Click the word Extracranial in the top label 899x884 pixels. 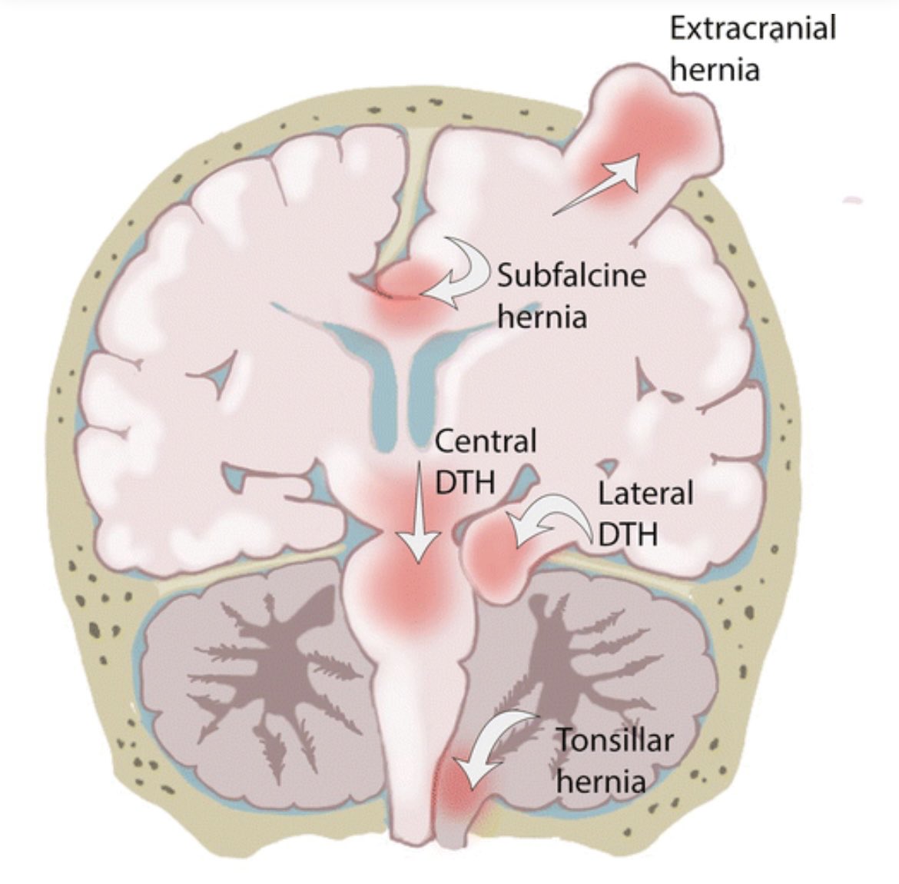point(752,29)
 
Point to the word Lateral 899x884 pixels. point(645,493)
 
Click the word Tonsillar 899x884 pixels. point(614,741)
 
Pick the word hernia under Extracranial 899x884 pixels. point(715,70)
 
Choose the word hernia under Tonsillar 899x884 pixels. point(600,782)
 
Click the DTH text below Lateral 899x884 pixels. point(627,533)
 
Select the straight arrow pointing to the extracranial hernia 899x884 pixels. point(598,183)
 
